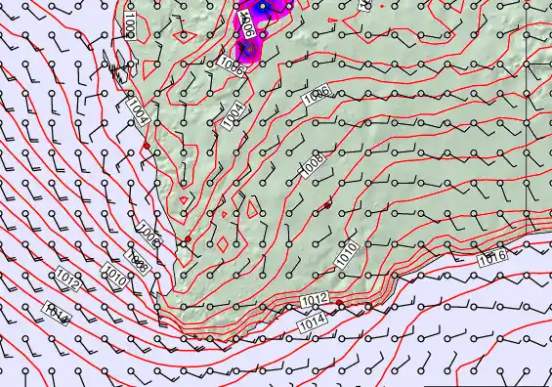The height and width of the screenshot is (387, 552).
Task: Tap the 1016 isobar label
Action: tap(492, 257)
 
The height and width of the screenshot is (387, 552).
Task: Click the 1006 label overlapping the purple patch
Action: tap(248, 27)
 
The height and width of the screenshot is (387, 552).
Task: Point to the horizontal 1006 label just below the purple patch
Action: tap(232, 64)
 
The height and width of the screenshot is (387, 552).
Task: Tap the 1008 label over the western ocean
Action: tap(137, 263)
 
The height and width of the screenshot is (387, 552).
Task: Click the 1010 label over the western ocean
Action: tap(113, 279)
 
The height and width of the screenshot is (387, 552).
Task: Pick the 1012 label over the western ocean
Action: tap(67, 281)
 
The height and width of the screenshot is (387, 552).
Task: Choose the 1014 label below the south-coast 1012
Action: tap(313, 319)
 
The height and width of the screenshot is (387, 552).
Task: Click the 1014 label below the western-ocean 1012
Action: tap(57, 313)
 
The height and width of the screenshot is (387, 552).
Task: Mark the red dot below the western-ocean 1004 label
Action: tap(147, 145)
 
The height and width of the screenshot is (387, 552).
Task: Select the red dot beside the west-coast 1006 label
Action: tap(188, 238)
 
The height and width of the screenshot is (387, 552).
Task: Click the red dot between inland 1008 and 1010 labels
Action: tap(326, 203)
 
